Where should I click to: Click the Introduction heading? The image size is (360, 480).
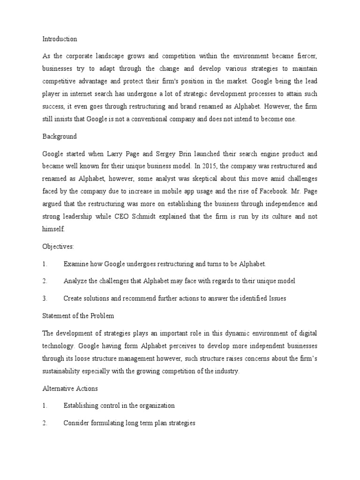60,39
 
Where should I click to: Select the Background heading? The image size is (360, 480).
60,136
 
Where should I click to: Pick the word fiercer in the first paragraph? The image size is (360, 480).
305,56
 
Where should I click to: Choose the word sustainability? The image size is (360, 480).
63,371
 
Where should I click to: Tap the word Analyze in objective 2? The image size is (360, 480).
75,281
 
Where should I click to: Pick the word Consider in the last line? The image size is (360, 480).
76,422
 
